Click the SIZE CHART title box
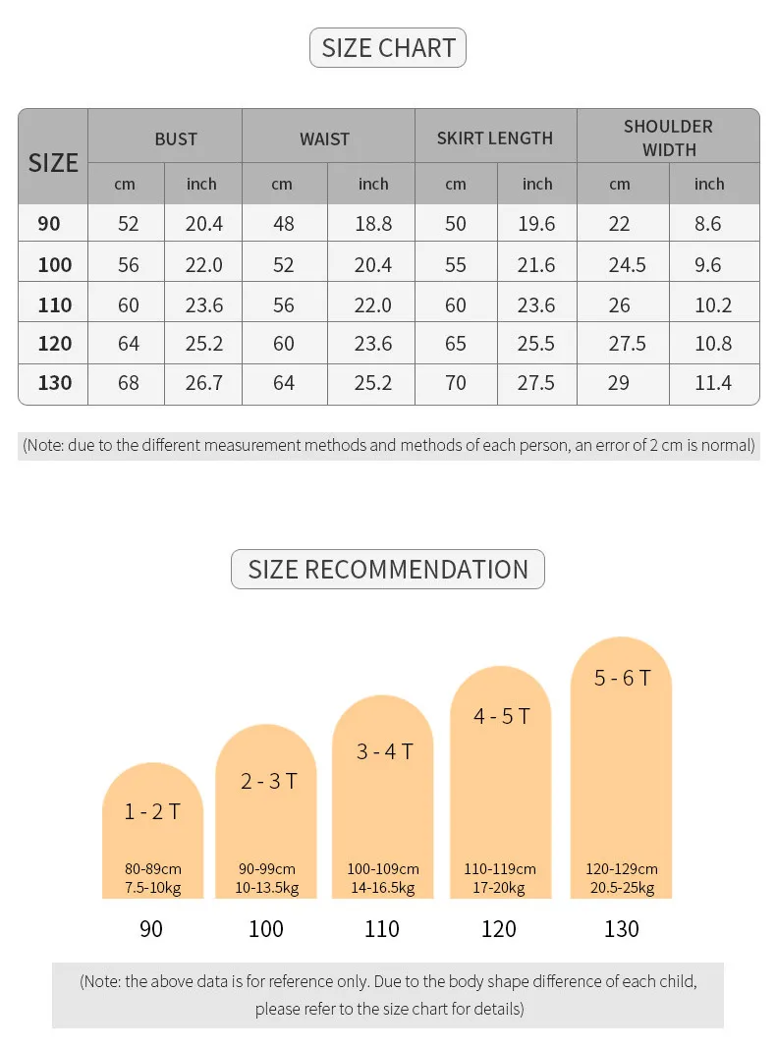coord(388,48)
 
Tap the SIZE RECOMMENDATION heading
coord(388,570)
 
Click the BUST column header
coord(176,139)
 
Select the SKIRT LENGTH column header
coord(495,138)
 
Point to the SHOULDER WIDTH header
coord(668,138)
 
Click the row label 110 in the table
coord(55,305)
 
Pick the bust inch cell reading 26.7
coord(204,383)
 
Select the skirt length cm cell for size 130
coord(456,383)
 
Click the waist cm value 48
coord(284,224)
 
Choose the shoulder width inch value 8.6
coord(707,224)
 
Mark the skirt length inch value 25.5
coord(536,344)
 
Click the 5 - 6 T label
coord(622,678)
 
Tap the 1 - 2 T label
coord(152,811)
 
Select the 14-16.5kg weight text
coord(382,888)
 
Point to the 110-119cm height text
coord(500,869)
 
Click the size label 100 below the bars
coord(266,929)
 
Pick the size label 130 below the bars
coord(622,929)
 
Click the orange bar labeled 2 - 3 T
coord(266,825)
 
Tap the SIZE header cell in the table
coord(53,163)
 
